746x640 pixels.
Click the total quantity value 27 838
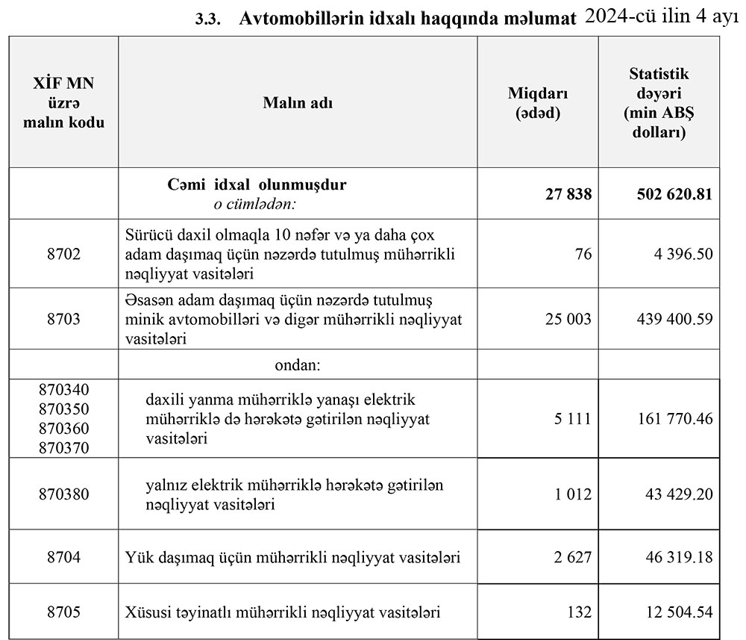point(568,194)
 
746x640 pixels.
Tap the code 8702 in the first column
point(63,254)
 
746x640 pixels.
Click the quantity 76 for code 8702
point(583,254)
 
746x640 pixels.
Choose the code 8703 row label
point(63,319)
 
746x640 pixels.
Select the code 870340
point(63,390)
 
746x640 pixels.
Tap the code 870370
point(63,448)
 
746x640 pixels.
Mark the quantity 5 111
point(572,419)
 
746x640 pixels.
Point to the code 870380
point(63,494)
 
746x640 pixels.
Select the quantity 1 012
point(572,494)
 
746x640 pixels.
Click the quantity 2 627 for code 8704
point(572,557)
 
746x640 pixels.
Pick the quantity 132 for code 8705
point(579,613)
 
